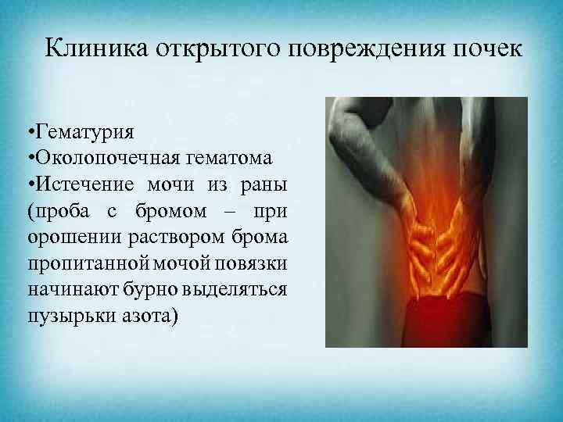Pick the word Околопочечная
103,157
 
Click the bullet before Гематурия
29,130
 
